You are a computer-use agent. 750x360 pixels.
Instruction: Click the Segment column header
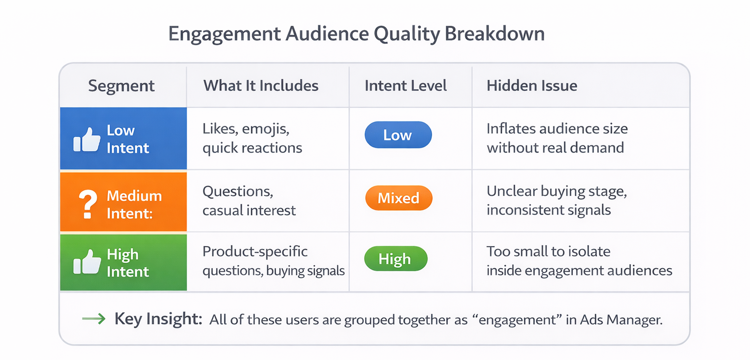tap(121, 86)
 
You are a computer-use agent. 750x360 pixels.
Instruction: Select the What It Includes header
tap(261, 86)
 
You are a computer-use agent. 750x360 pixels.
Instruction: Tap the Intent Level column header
tap(405, 86)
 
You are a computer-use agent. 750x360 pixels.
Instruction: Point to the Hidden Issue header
tap(532, 86)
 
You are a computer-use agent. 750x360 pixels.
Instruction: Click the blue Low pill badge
tap(398, 135)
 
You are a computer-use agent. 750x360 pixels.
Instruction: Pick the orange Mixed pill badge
tap(398, 198)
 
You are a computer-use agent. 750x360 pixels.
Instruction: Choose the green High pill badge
tap(396, 259)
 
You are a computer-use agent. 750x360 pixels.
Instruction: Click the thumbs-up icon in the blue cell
tap(87, 140)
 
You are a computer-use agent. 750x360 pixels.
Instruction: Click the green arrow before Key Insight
tap(93, 319)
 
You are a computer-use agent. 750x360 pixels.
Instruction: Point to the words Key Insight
tap(158, 319)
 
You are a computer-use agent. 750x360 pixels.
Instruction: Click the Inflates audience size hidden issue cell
tap(557, 138)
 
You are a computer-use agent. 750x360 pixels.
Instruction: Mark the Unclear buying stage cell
tap(556, 201)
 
